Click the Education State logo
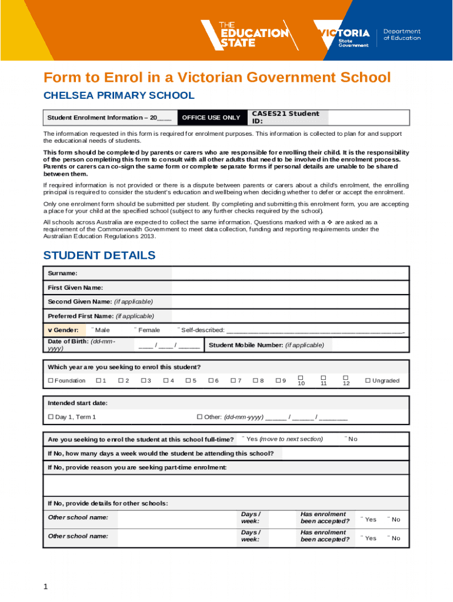(244, 34)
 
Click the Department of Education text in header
(402, 34)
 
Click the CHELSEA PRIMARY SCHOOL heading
(118, 95)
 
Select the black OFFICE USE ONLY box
(211, 118)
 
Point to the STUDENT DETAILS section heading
(99, 255)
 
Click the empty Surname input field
(289, 273)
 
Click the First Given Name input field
(289, 287)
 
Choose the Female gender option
(148, 330)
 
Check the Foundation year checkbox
(51, 381)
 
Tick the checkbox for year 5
(188, 381)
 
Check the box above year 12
(346, 377)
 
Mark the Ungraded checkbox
(368, 381)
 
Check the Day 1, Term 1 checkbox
(51, 417)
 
